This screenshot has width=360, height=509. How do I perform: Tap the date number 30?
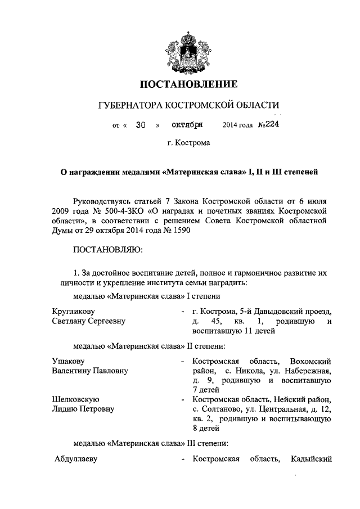point(141,125)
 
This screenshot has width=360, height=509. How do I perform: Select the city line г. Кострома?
point(188,143)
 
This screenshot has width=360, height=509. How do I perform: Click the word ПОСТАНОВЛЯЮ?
point(107,249)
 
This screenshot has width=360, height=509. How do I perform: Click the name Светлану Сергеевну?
point(88,321)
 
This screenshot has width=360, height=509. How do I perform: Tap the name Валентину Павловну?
point(89,371)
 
